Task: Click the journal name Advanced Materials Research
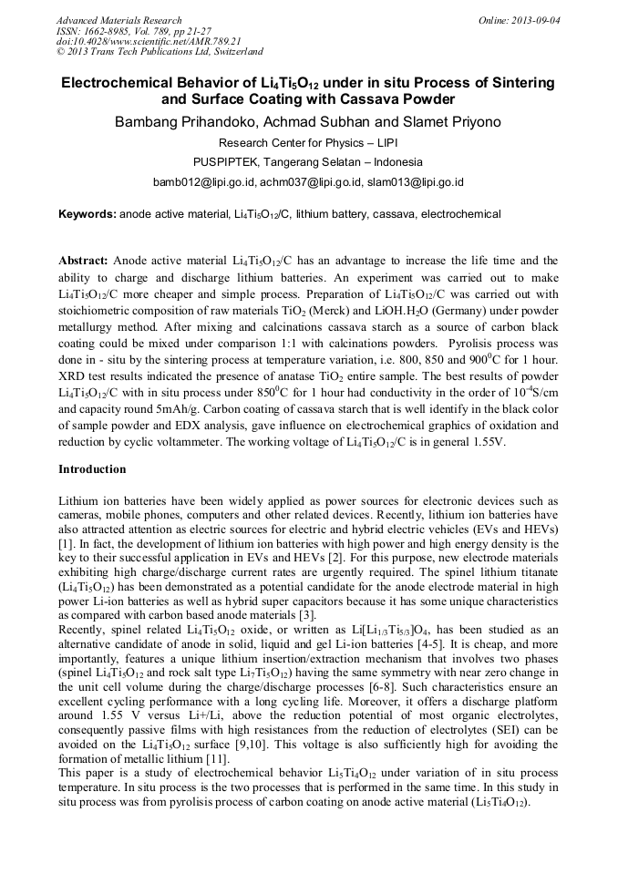[118, 20]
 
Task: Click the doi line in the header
[149, 41]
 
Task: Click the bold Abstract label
[84, 260]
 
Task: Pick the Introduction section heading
[92, 469]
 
